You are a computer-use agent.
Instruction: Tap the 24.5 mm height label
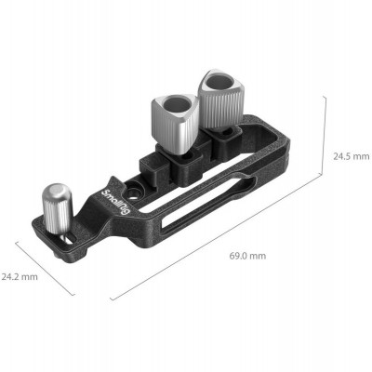point(350,157)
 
